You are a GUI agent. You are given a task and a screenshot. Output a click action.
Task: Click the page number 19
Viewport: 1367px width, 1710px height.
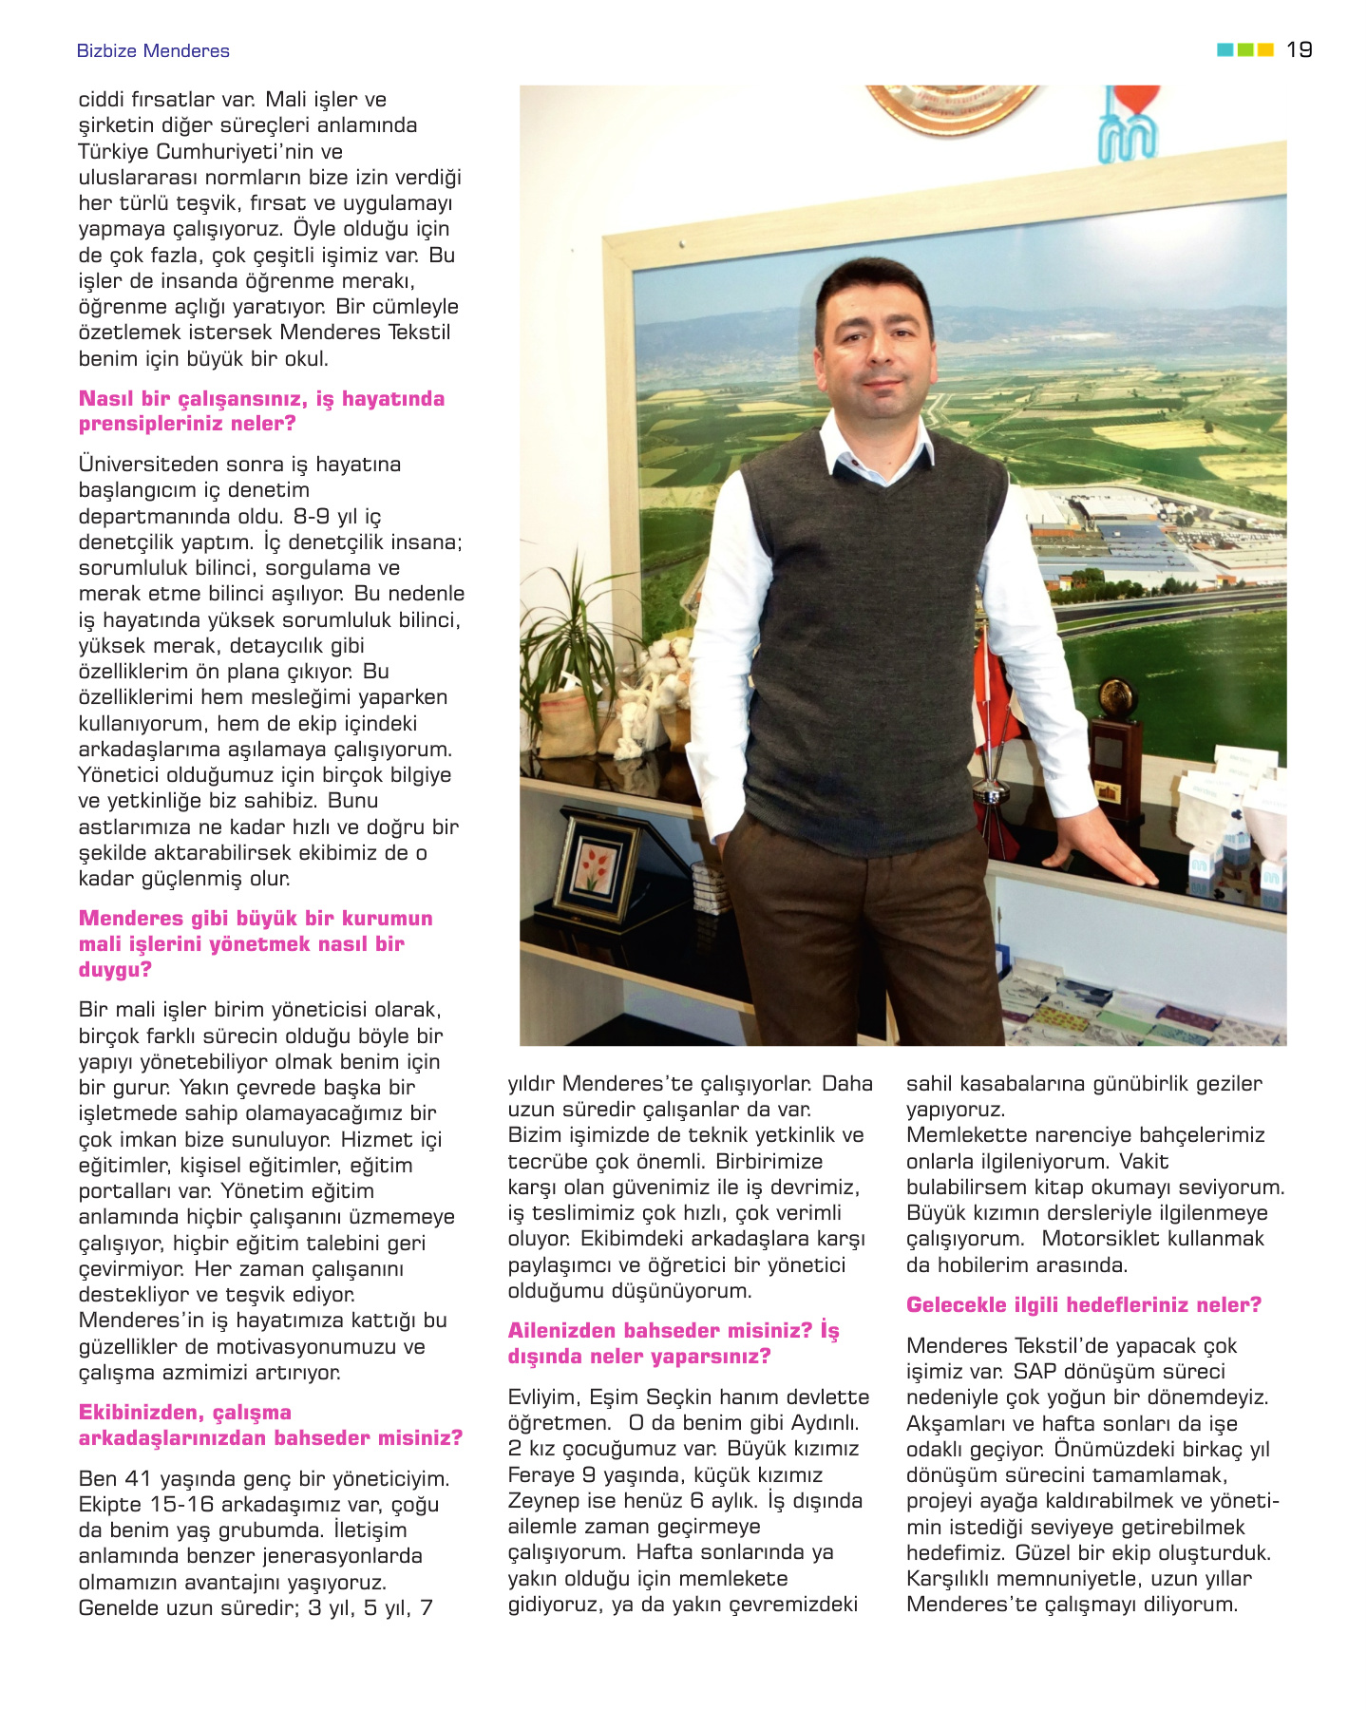point(1299,49)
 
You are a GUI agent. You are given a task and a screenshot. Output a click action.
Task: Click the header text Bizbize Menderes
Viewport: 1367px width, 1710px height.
point(153,51)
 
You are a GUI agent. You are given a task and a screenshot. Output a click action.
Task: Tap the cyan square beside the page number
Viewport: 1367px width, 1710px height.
point(1225,49)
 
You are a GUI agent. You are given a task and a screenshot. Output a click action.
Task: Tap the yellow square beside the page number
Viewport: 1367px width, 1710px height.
point(1265,49)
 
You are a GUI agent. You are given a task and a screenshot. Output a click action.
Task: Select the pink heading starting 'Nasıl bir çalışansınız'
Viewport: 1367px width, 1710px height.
point(261,411)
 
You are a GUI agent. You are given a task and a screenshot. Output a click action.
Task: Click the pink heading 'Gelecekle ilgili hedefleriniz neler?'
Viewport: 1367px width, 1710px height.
point(1083,1304)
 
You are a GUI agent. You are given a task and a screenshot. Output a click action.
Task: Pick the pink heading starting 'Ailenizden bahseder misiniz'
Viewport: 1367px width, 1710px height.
point(673,1343)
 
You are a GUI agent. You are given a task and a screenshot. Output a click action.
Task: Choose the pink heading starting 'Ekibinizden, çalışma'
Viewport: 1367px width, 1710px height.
point(270,1425)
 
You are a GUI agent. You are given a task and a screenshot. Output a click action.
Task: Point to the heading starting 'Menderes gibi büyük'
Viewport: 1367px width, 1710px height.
point(255,943)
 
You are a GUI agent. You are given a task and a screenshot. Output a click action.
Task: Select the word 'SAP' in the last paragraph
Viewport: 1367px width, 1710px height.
point(1034,1372)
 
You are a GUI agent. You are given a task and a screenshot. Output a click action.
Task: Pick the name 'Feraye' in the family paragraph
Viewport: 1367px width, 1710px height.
point(539,1475)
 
